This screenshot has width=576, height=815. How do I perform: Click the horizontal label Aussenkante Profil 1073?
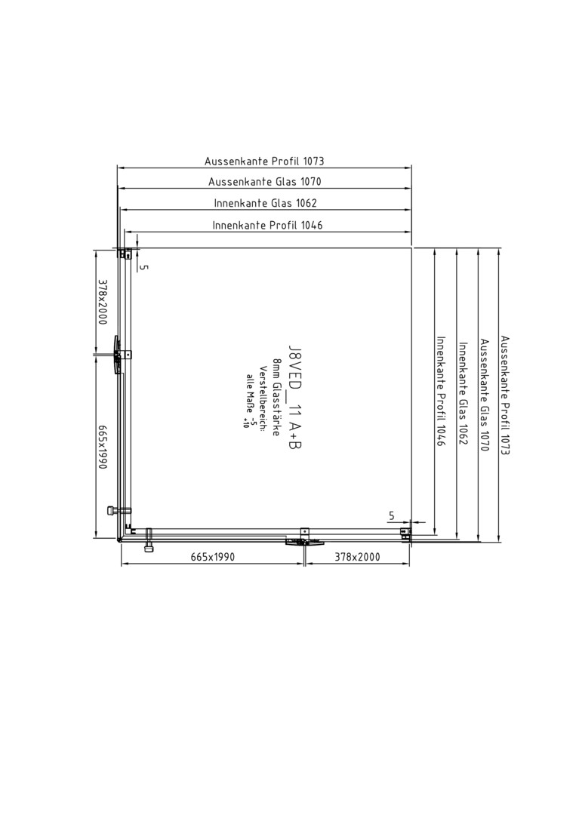(264, 161)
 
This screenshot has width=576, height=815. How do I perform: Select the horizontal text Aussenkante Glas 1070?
(265, 182)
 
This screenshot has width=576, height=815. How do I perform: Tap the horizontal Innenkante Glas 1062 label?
(265, 203)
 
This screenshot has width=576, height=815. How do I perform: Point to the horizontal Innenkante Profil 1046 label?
(267, 225)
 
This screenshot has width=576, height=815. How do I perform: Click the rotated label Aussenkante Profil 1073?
(505, 395)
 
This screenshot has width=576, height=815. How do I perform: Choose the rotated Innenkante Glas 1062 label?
(463, 393)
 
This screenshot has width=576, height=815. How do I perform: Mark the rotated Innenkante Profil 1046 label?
(442, 392)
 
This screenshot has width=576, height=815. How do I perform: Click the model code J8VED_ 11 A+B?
(295, 398)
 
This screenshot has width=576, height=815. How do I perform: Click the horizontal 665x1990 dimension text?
(213, 557)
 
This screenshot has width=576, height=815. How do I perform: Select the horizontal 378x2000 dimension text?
(357, 557)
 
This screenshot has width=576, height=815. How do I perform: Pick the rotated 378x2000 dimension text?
(103, 302)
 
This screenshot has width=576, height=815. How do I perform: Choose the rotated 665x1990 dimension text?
(103, 447)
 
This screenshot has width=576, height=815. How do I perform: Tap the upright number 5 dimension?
(392, 516)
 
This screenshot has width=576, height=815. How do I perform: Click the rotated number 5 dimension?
(145, 267)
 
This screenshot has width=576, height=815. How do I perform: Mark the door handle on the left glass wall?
(117, 355)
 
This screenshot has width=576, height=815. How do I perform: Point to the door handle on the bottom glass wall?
(305, 542)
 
